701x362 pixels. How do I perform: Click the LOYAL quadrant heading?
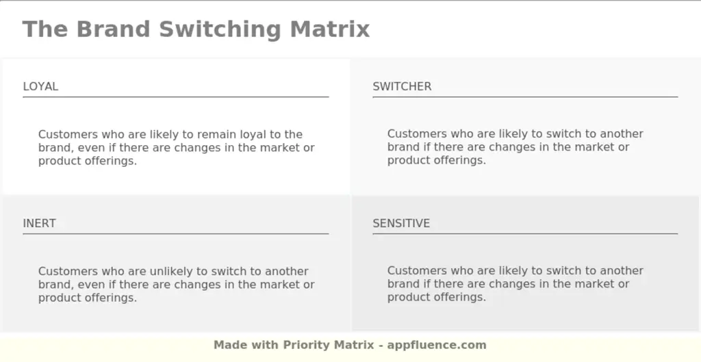40,87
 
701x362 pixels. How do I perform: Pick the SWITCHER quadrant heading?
402,87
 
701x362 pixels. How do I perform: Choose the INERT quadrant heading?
39,224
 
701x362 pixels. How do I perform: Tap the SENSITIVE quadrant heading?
401,224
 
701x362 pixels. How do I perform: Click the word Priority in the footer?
307,345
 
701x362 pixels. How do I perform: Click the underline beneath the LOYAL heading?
175,97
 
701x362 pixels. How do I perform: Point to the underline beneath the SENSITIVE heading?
525,234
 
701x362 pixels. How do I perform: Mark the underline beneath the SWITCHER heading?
525,97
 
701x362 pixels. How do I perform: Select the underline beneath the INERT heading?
175,234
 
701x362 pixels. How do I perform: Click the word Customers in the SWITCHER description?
416,134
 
